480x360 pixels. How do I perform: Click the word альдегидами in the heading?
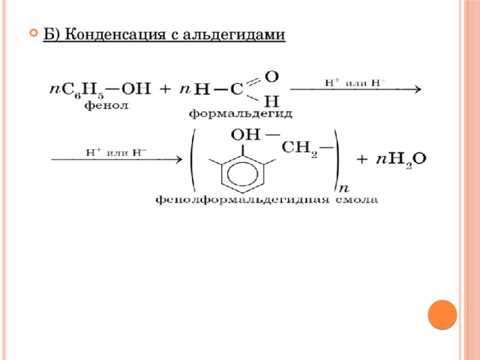[x=234, y=34]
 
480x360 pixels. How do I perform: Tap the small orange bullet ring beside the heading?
[x=34, y=33]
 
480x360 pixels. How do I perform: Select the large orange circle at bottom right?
[x=442, y=315]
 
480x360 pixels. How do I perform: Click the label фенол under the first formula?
[x=106, y=106]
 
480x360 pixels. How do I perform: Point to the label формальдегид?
[x=240, y=114]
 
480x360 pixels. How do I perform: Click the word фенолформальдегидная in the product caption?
[x=242, y=200]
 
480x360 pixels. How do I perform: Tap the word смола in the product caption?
[x=357, y=200]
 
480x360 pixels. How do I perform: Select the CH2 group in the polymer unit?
[x=299, y=148]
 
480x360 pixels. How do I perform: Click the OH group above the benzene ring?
[x=245, y=135]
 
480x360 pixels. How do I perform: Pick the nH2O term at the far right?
[x=401, y=160]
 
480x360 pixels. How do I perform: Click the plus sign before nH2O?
[x=361, y=160]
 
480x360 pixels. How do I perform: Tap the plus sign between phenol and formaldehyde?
[x=165, y=89]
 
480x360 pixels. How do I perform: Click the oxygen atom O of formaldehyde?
[x=271, y=76]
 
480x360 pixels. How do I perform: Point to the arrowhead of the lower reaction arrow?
[x=178, y=160]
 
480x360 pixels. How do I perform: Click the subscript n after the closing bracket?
[x=344, y=187]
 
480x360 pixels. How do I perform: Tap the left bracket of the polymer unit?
[x=192, y=160]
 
